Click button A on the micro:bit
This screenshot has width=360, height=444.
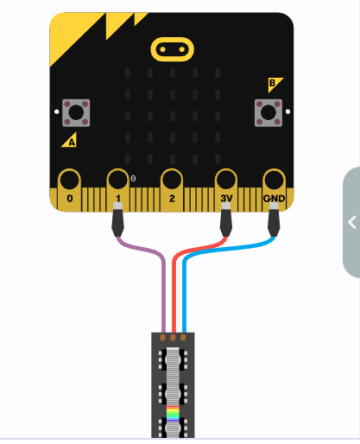click(76, 112)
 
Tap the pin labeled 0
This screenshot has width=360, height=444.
click(69, 190)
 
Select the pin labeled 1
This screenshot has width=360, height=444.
click(117, 187)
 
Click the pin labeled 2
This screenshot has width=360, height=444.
click(172, 190)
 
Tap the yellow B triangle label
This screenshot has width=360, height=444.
click(274, 84)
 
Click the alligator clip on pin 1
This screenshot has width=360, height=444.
click(117, 219)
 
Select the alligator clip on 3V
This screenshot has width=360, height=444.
click(226, 219)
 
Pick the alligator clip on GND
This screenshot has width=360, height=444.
click(274, 219)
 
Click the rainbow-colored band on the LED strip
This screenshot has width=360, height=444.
click(173, 414)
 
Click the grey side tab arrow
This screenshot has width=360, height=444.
click(352, 222)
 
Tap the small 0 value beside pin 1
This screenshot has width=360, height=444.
click(133, 179)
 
